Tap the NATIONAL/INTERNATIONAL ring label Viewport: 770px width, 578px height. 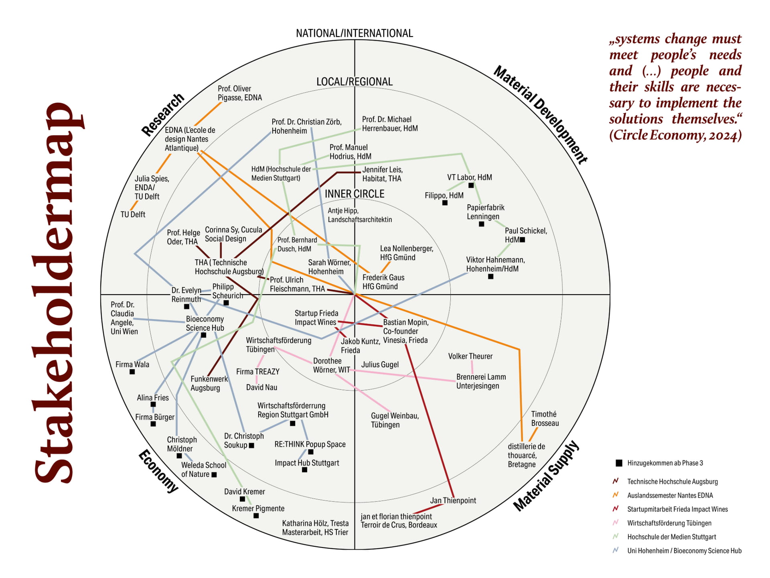[354, 33]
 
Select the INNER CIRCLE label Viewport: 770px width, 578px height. [354, 194]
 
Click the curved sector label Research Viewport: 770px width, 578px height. [162, 115]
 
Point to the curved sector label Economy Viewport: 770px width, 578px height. [158, 471]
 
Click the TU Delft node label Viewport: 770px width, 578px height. [133, 214]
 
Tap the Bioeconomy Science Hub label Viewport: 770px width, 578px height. [205, 323]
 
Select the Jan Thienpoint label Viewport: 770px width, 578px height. [453, 501]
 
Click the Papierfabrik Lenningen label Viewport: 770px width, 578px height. [485, 212]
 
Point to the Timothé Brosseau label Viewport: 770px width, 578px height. [545, 418]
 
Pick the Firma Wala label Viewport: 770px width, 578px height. [132, 364]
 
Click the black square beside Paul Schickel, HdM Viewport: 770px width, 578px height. [522, 240]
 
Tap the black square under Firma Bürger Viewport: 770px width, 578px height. [153, 424]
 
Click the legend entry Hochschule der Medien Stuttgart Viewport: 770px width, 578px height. [671, 537]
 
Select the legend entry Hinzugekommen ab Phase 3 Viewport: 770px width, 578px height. [665, 463]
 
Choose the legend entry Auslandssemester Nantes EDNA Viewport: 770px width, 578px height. [670, 495]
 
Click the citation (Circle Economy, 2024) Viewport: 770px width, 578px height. [675, 135]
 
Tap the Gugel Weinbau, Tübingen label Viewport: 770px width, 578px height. [394, 420]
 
